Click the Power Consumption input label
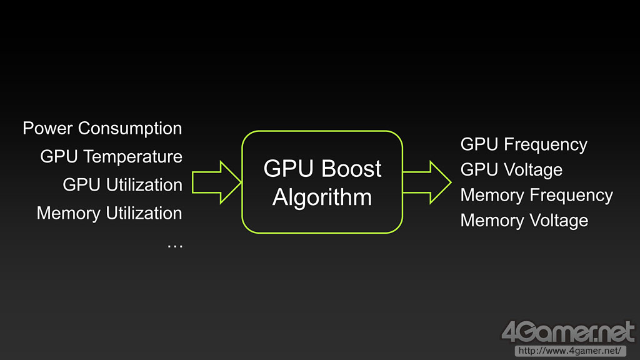102,129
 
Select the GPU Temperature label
111,156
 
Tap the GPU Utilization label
122,185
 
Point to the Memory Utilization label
109,213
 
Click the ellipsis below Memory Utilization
175,244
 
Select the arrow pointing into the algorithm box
216,182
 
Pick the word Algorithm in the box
322,197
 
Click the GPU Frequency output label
524,144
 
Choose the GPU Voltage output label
511,170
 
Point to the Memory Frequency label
536,195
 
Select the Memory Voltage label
524,221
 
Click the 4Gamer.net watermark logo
567,332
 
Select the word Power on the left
48,129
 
